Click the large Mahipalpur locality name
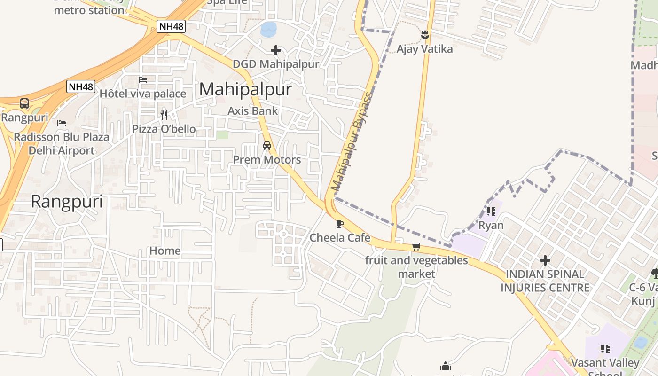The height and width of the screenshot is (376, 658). (245, 89)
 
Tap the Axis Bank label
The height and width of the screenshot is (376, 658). (253, 111)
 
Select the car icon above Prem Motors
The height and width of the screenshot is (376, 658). (267, 146)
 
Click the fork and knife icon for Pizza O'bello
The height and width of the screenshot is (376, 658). (164, 115)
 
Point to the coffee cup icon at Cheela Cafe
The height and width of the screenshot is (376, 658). (340, 224)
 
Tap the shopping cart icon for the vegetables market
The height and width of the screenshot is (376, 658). (416, 246)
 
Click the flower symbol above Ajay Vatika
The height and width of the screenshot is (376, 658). (425, 35)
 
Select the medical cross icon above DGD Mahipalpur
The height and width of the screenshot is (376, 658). (276, 50)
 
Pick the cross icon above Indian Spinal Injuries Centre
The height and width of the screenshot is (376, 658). (545, 260)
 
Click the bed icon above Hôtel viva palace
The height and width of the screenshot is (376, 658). (143, 80)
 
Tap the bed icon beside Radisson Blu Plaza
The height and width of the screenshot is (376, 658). (62, 123)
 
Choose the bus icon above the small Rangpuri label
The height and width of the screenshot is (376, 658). (24, 103)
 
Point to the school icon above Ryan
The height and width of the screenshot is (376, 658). (491, 211)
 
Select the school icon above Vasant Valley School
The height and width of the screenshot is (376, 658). (605, 349)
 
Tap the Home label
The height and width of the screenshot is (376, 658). (165, 251)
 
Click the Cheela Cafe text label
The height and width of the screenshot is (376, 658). (340, 238)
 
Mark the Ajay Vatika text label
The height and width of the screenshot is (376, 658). (424, 49)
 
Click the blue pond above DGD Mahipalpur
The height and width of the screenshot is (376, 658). (269, 29)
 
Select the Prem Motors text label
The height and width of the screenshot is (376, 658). (267, 160)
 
